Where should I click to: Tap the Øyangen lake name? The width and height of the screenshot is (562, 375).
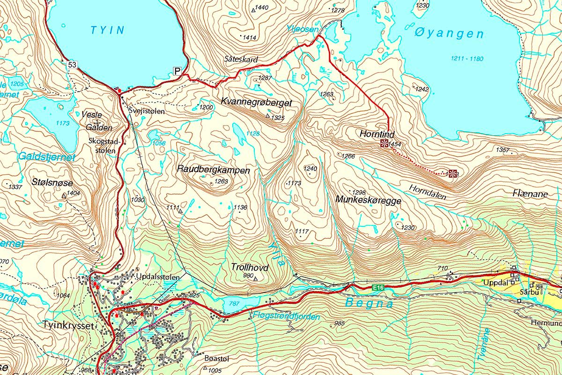coord(449,33)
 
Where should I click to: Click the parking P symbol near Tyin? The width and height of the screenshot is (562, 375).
coord(177,71)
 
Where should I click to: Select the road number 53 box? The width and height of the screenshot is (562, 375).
coord(72,64)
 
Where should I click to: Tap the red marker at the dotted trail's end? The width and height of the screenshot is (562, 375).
coord(452,174)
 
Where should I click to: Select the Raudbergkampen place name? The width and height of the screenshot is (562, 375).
coord(214,170)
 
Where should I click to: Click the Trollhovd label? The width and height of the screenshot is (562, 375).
coord(250,268)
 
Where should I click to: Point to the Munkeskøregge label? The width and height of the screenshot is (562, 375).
coord(368,200)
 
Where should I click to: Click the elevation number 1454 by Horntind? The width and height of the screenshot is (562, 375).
coord(395,144)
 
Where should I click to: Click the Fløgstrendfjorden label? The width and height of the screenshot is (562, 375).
coord(286,317)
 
